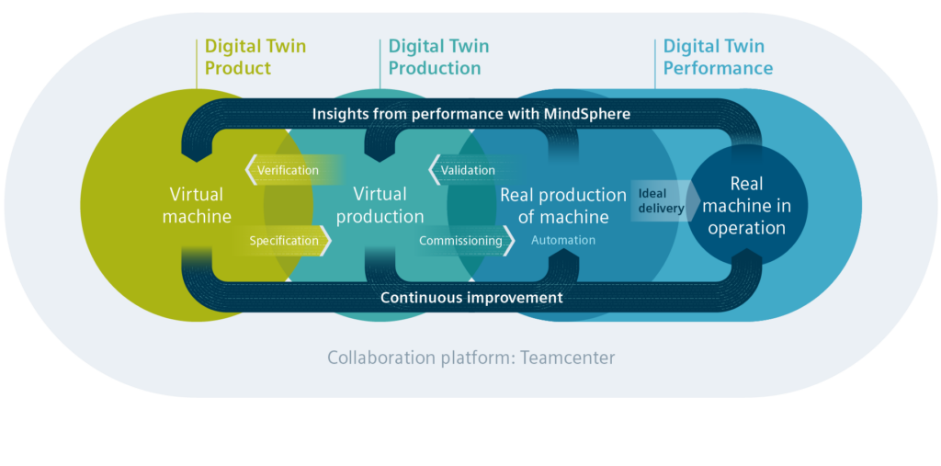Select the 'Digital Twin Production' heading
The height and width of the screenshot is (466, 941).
pos(438,57)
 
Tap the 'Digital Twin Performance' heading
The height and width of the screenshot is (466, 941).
pos(718,57)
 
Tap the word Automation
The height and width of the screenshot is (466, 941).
pos(563,240)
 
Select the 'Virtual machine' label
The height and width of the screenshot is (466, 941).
pos(197,205)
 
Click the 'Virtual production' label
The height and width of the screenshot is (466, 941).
pos(380,205)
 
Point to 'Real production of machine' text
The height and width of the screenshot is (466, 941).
pos(563,205)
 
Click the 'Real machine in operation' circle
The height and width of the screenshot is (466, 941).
pos(747,205)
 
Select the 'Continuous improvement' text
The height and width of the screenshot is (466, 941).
pos(471,297)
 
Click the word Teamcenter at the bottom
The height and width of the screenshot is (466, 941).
pos(568,358)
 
